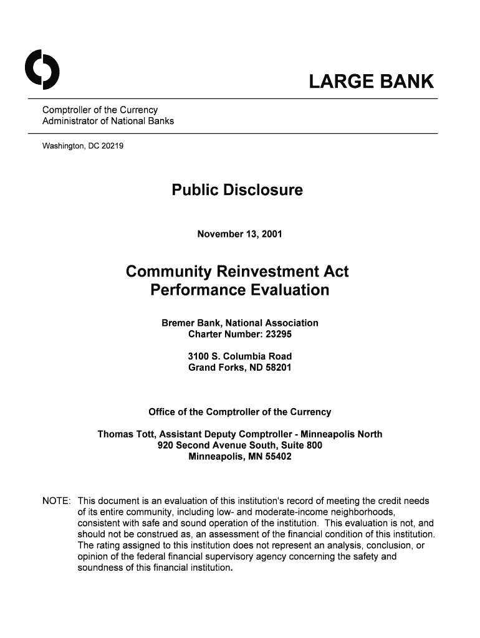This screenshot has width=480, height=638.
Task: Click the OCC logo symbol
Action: [42, 69]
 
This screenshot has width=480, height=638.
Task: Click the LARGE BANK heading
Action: [372, 82]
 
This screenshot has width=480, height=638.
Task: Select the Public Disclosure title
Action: [237, 190]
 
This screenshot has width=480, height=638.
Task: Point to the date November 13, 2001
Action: [239, 234]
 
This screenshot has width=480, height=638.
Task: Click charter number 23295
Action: [278, 335]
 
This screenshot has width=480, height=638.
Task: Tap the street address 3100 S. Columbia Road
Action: [239, 356]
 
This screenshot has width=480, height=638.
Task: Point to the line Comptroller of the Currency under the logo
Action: [100, 110]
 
